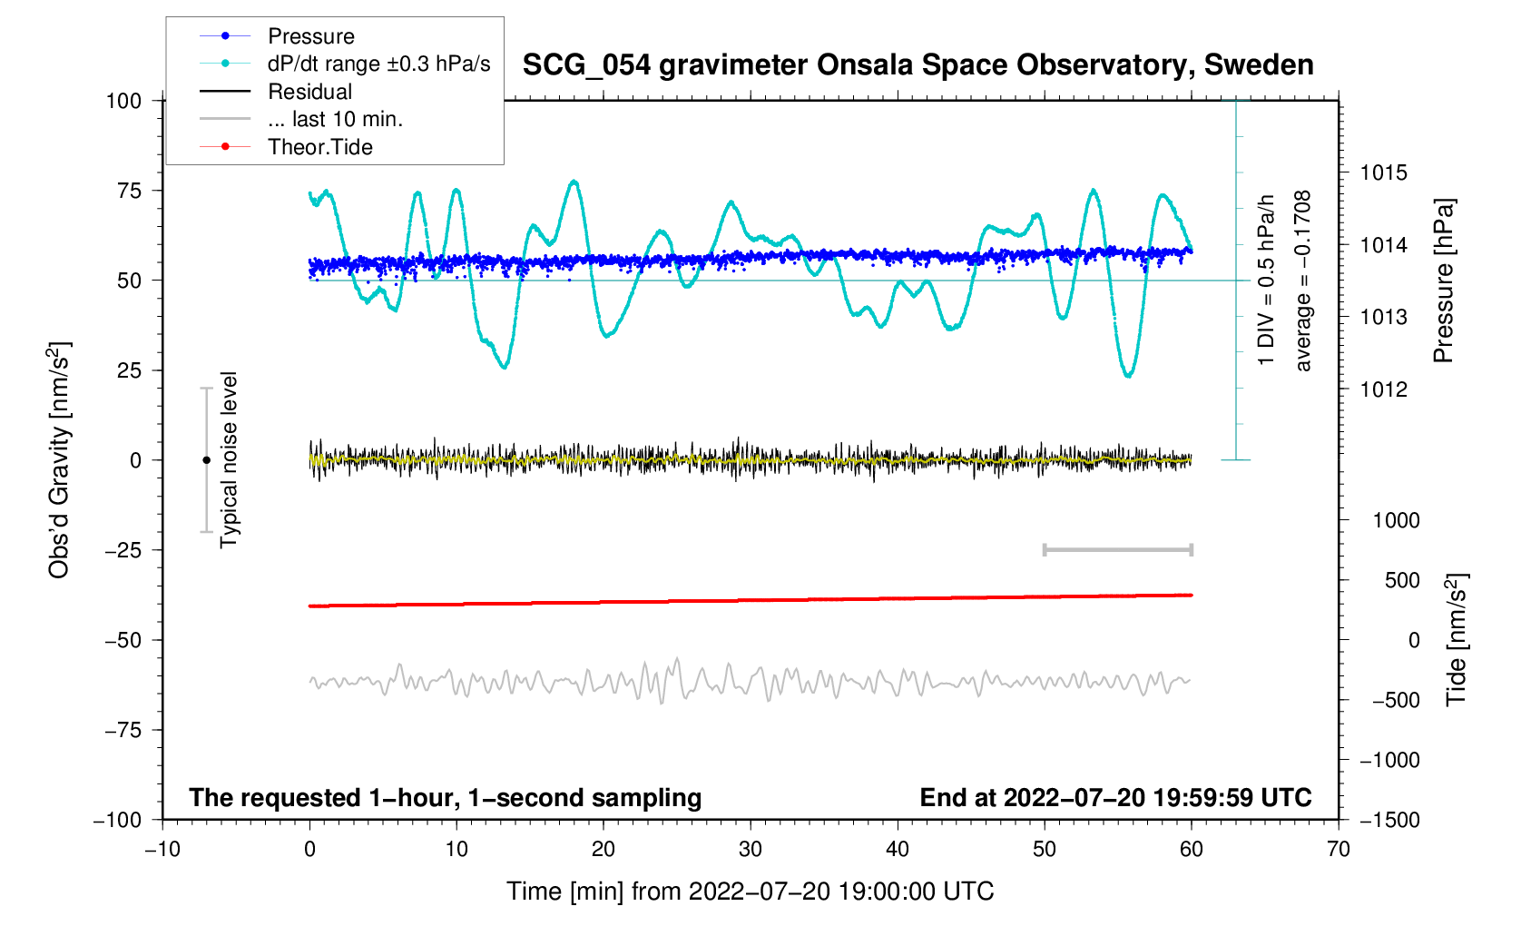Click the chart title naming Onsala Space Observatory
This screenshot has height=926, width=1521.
(918, 65)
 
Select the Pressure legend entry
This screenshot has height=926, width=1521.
(310, 36)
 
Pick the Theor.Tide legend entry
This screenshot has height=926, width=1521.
(319, 147)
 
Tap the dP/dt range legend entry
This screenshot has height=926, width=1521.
(378, 64)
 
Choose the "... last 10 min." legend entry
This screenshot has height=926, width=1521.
(335, 119)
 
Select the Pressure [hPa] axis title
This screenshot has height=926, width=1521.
(1443, 281)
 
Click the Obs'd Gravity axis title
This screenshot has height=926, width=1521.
(59, 459)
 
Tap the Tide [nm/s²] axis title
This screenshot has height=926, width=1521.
(1456, 639)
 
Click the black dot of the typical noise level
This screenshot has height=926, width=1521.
(206, 460)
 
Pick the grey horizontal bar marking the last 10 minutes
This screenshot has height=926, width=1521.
(1117, 549)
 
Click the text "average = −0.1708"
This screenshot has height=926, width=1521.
(1303, 281)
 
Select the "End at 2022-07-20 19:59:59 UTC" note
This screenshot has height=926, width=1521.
(1115, 798)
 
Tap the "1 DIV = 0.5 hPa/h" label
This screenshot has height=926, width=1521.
(1266, 281)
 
